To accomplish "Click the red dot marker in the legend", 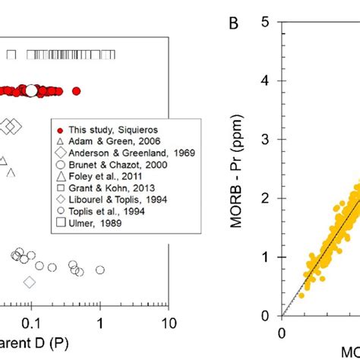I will point(58,130).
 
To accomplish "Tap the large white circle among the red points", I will point(31,91).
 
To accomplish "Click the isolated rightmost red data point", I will point(76,91).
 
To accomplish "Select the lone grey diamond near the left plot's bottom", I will point(30,283).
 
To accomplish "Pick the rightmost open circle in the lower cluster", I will point(100,270).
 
